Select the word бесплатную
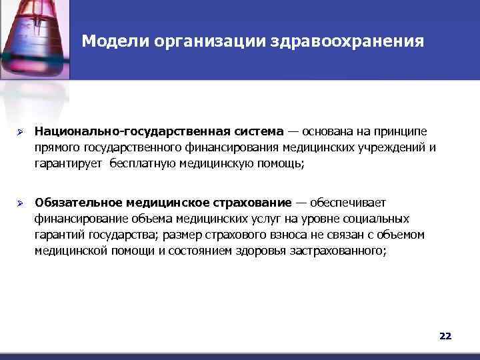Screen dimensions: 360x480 [x=138, y=163]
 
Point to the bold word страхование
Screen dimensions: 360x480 [x=253, y=202]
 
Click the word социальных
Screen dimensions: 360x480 [x=379, y=219]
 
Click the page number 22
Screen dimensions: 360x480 [x=445, y=336]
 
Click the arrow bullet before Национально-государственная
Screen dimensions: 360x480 [x=21, y=131]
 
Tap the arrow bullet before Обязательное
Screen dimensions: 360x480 [x=21, y=202]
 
